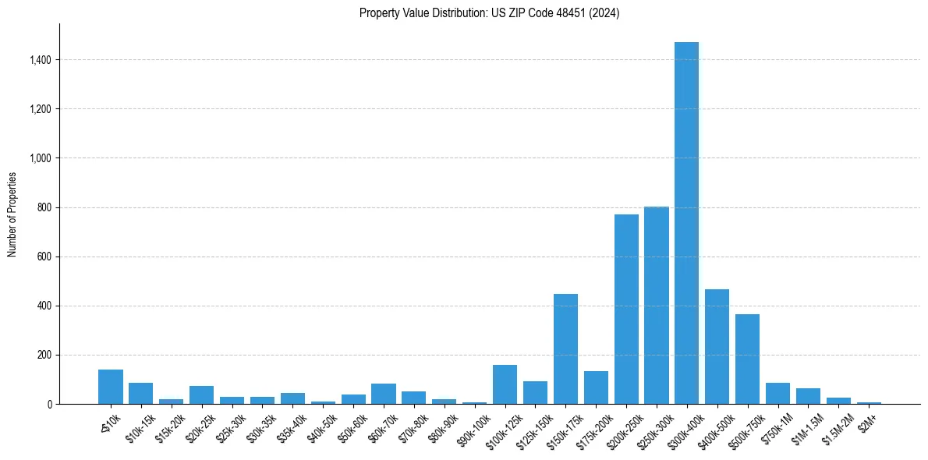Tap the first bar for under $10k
point(111,387)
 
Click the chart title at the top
point(489,13)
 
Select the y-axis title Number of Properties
point(12,214)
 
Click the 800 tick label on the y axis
point(44,207)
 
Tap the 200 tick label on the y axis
point(44,355)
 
